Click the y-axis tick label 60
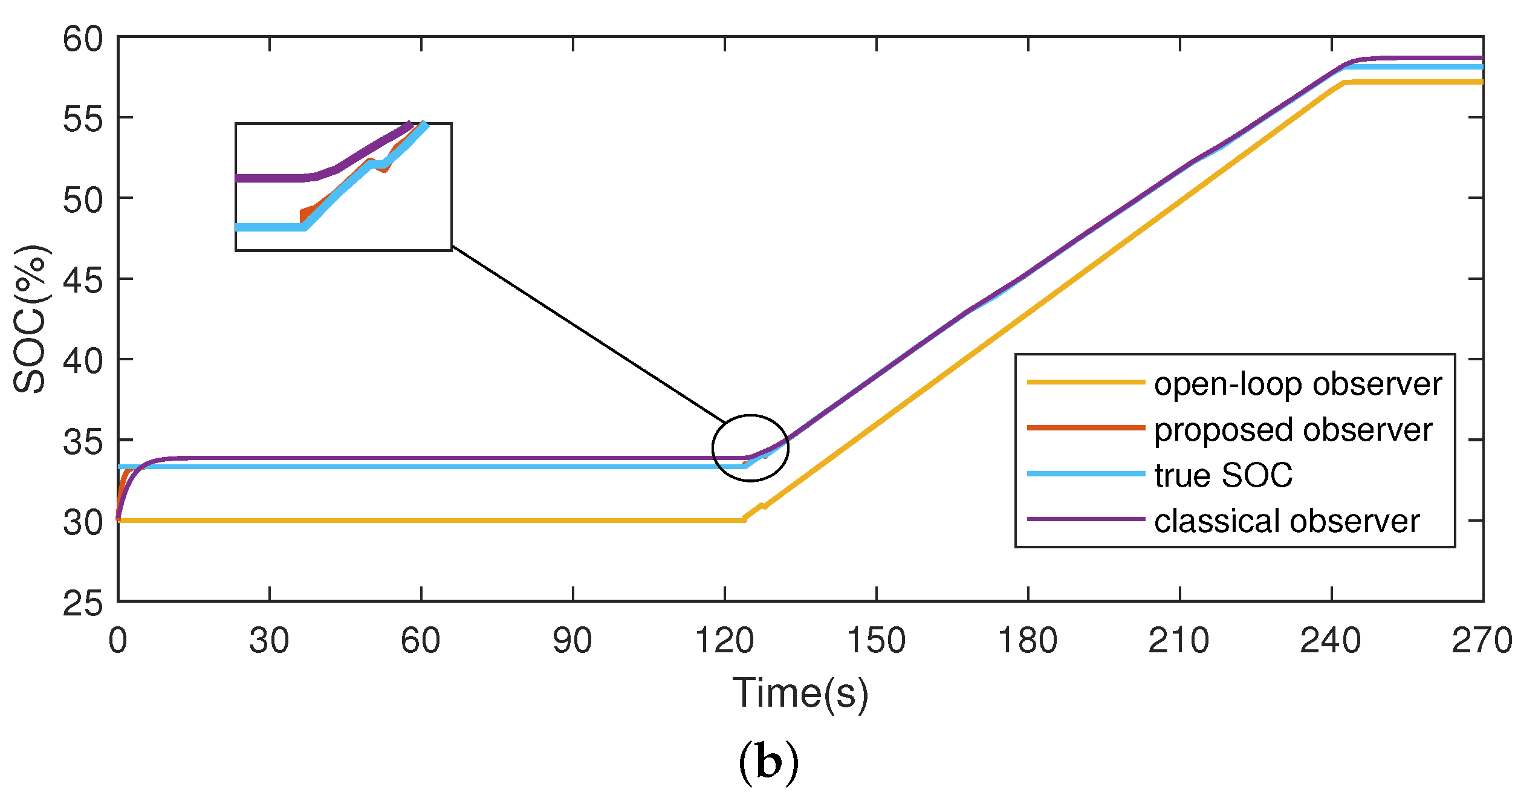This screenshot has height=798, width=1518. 83,40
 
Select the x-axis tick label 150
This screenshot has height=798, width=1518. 876,641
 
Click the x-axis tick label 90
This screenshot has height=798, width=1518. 572,641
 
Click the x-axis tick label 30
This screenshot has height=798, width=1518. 269,641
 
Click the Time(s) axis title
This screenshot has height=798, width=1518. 800,693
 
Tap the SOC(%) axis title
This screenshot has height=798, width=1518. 30,319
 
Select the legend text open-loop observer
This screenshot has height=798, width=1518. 1297,384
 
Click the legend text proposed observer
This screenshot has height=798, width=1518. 1293,429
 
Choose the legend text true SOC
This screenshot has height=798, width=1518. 1223,475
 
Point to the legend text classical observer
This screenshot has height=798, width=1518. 1286,521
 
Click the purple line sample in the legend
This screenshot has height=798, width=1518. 1086,519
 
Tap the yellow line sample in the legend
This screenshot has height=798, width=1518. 1086,382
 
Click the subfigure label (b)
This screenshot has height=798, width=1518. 768,764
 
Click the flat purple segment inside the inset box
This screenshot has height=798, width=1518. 269,178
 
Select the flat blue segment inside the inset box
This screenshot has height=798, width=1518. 269,227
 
